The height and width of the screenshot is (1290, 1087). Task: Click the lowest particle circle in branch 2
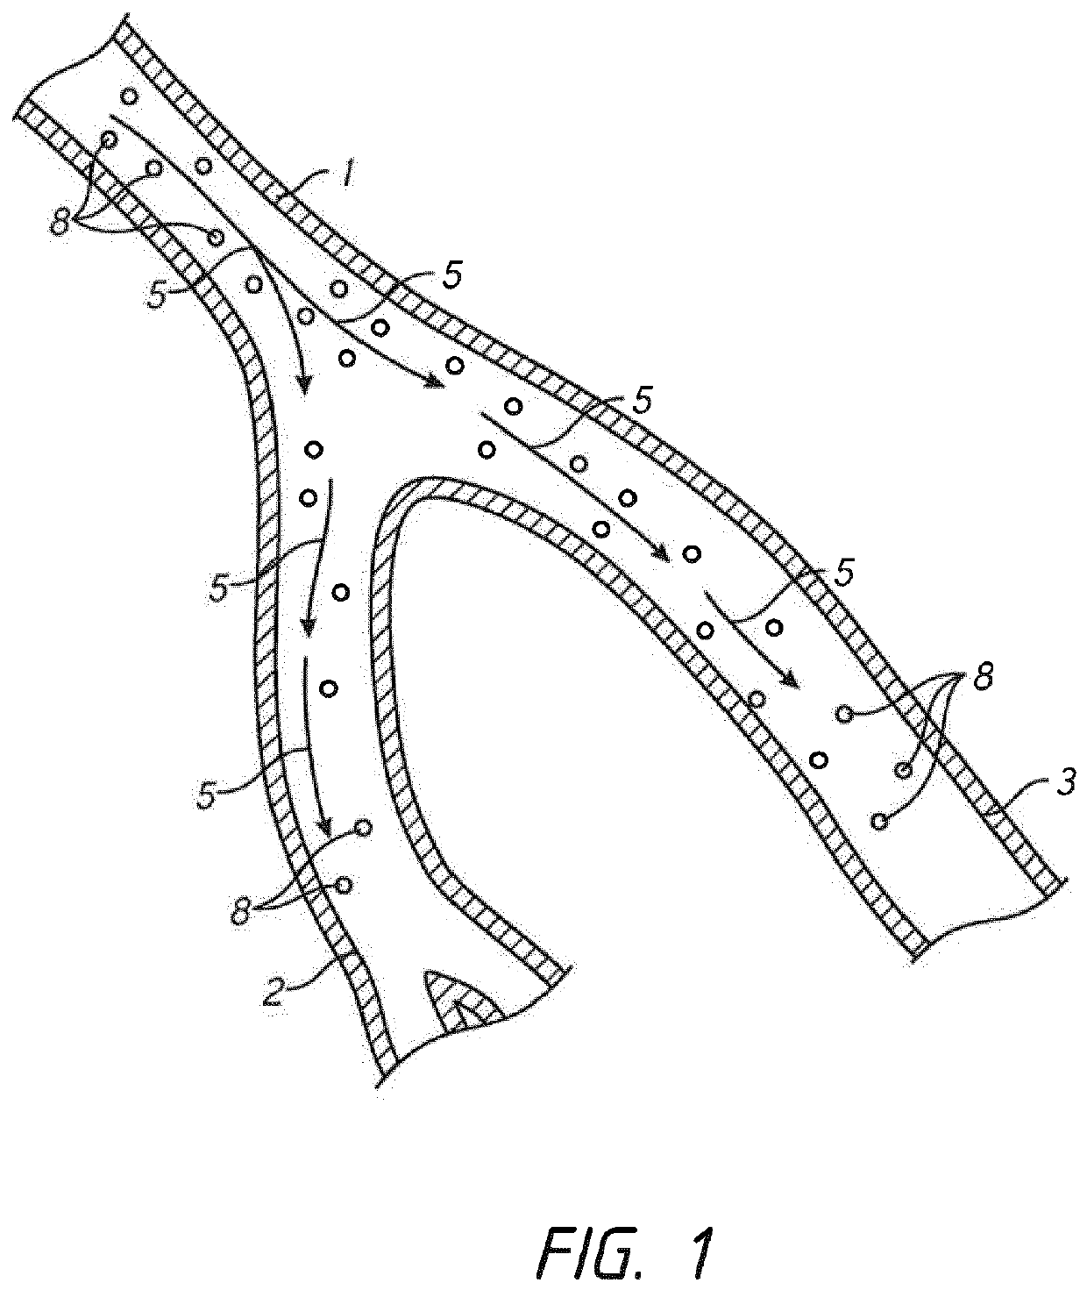[x=344, y=884]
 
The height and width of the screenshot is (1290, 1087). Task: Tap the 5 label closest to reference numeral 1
[x=450, y=277]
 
